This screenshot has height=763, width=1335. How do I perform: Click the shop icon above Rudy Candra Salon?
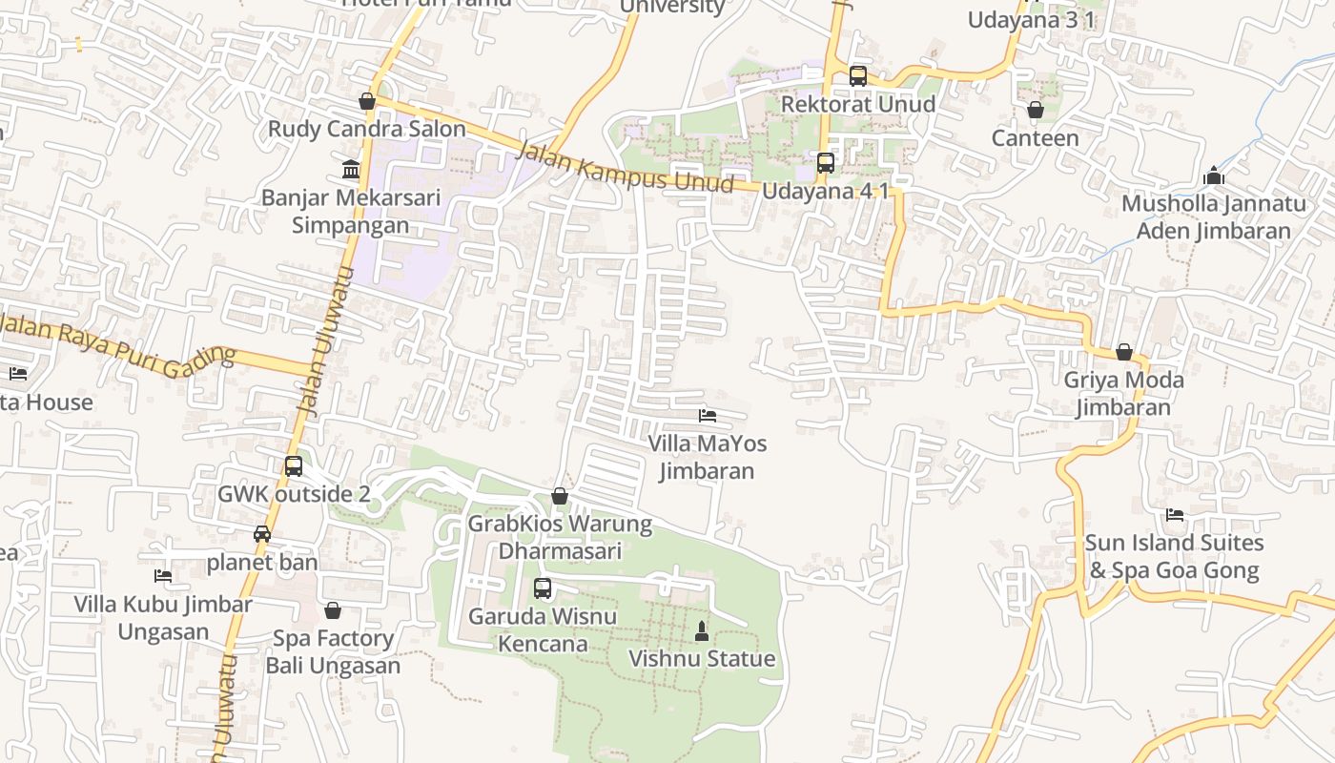click(x=367, y=101)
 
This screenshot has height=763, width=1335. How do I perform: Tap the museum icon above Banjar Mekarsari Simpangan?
click(x=351, y=170)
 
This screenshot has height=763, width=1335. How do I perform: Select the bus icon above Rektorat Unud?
click(x=857, y=76)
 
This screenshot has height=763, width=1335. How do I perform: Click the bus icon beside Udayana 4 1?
click(x=826, y=163)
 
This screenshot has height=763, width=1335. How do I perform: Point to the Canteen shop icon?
click(x=1035, y=111)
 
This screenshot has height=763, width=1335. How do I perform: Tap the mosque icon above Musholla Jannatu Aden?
click(x=1214, y=175)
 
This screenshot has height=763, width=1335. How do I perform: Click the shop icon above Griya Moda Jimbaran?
click(x=1124, y=352)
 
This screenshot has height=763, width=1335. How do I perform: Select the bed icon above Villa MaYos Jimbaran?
click(x=708, y=416)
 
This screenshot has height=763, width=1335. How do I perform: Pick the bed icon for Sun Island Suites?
click(x=1175, y=515)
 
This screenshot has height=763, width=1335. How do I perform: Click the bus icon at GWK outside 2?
click(x=294, y=466)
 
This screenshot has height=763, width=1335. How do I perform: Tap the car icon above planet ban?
click(x=262, y=534)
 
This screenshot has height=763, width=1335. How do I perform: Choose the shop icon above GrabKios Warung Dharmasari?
click(x=560, y=496)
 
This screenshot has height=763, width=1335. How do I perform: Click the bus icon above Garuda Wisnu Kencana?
click(x=543, y=588)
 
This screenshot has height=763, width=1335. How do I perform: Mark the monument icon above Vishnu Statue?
click(x=702, y=630)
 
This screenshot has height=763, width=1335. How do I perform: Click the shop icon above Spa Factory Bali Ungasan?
click(x=333, y=610)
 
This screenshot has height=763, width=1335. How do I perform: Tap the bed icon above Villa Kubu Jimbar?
click(x=163, y=576)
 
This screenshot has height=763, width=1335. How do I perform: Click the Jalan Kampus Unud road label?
click(x=625, y=168)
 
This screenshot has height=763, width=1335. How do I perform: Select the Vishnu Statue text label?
click(x=702, y=659)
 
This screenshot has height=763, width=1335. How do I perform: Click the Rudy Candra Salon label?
click(x=367, y=129)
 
